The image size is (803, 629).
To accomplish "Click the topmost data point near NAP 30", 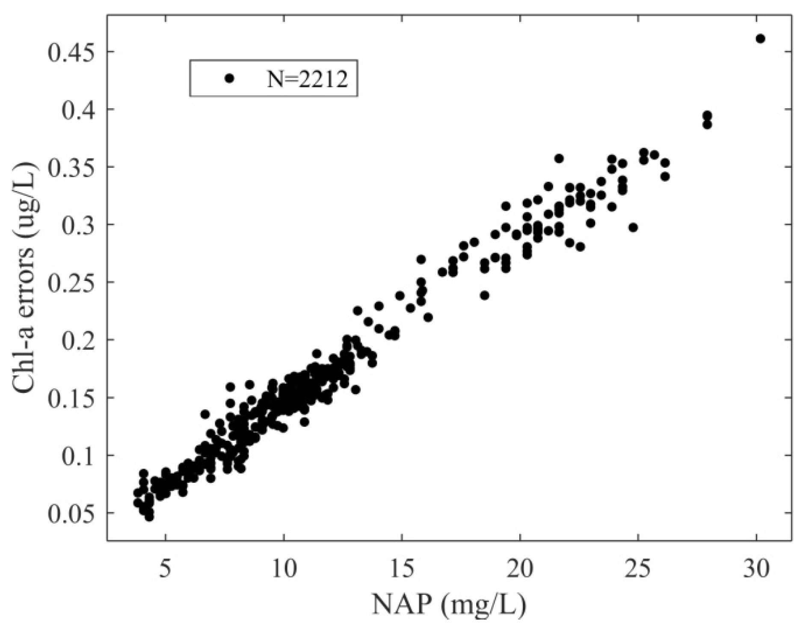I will (x=760, y=39).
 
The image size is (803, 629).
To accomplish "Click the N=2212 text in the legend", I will (x=307, y=79).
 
